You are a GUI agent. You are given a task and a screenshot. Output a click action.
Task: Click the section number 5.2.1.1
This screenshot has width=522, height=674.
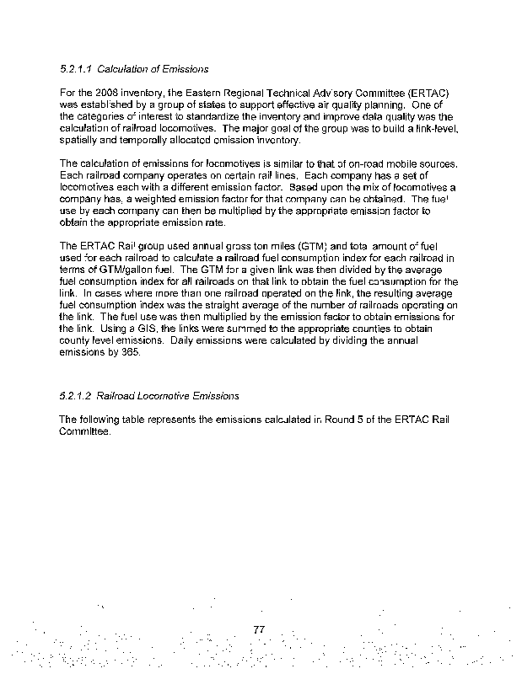click(76, 68)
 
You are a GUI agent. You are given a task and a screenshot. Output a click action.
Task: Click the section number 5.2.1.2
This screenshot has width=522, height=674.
click(76, 394)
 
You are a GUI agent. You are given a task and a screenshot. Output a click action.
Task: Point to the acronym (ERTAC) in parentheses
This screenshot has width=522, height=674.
click(433, 93)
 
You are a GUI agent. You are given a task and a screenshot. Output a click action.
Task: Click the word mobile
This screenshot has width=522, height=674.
click(406, 163)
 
